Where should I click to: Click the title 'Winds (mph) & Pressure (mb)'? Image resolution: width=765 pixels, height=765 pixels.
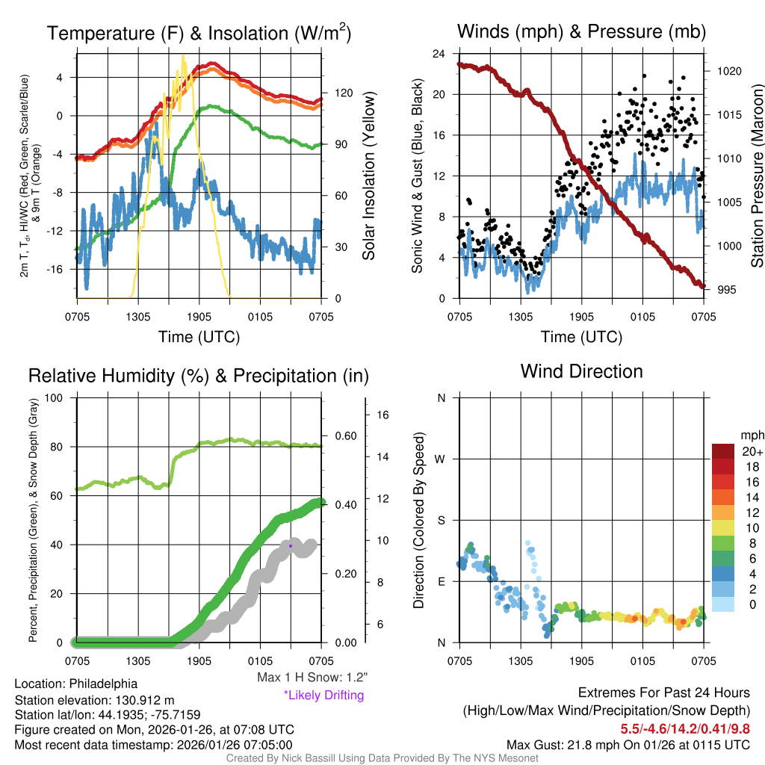click(x=581, y=31)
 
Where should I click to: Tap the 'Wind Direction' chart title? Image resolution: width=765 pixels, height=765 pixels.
click(x=581, y=371)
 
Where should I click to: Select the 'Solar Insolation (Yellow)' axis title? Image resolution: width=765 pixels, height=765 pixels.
click(x=369, y=176)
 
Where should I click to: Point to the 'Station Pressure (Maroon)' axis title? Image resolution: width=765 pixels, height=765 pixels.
click(x=757, y=176)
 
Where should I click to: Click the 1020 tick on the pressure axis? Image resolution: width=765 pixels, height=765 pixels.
click(x=728, y=71)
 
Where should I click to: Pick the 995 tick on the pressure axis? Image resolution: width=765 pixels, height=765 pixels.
click(x=727, y=290)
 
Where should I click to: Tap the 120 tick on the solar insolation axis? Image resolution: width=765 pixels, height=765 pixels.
click(x=344, y=93)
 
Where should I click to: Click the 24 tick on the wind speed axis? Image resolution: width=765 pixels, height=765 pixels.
click(x=439, y=54)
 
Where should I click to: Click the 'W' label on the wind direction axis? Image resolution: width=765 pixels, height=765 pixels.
click(x=441, y=459)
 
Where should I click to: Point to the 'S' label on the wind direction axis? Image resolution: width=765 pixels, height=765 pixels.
click(x=441, y=520)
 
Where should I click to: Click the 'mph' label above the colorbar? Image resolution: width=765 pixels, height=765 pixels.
click(x=751, y=435)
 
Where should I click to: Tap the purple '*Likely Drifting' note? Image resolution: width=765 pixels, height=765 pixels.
click(x=323, y=695)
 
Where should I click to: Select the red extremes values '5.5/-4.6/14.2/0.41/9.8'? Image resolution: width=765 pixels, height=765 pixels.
click(x=685, y=728)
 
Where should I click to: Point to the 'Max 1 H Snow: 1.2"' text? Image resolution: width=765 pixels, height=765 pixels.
click(x=312, y=678)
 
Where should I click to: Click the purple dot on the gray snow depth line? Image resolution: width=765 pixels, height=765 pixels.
click(x=291, y=546)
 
